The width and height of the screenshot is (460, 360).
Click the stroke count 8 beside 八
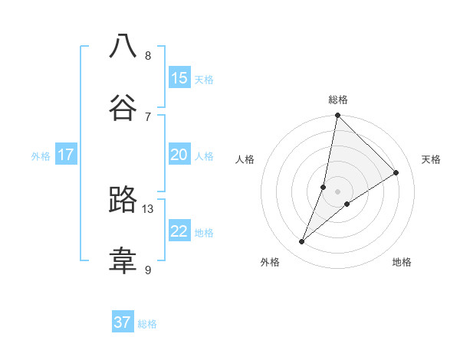tap(148, 55)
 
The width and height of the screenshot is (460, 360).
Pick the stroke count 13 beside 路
tap(148, 208)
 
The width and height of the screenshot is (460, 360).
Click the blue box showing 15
tap(179, 78)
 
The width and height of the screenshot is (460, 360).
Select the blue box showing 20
tap(179, 155)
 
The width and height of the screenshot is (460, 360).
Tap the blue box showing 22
tap(179, 231)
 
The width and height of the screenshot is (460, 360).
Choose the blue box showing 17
tap(66, 155)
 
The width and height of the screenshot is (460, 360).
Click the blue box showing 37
tap(123, 322)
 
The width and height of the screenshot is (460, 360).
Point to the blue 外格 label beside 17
tap(41, 155)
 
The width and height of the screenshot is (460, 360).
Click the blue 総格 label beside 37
tap(147, 324)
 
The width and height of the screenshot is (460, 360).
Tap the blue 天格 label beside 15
tap(204, 79)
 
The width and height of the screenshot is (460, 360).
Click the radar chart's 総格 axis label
tap(337, 100)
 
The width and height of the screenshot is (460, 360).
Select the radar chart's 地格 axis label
tap(402, 262)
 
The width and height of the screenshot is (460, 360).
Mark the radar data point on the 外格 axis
tap(302, 242)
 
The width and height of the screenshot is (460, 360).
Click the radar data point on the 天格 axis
tap(396, 173)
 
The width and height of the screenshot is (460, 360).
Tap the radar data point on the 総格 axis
tap(337, 116)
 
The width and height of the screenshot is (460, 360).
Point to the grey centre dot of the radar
tap(337, 191)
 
